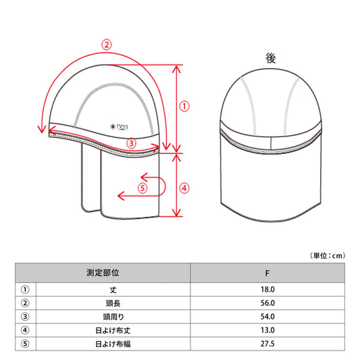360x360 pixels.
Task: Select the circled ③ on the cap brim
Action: [x=131, y=143]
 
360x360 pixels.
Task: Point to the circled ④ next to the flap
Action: [x=185, y=187]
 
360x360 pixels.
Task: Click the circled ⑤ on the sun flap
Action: [x=143, y=188]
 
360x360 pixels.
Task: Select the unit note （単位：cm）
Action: [x=327, y=255]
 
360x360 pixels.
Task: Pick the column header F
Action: [x=268, y=274]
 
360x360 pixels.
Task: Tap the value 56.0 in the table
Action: [x=268, y=303]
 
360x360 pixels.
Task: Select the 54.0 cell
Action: [x=268, y=316]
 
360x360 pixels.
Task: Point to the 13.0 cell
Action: [x=268, y=330]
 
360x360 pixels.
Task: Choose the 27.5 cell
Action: [x=268, y=343]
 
